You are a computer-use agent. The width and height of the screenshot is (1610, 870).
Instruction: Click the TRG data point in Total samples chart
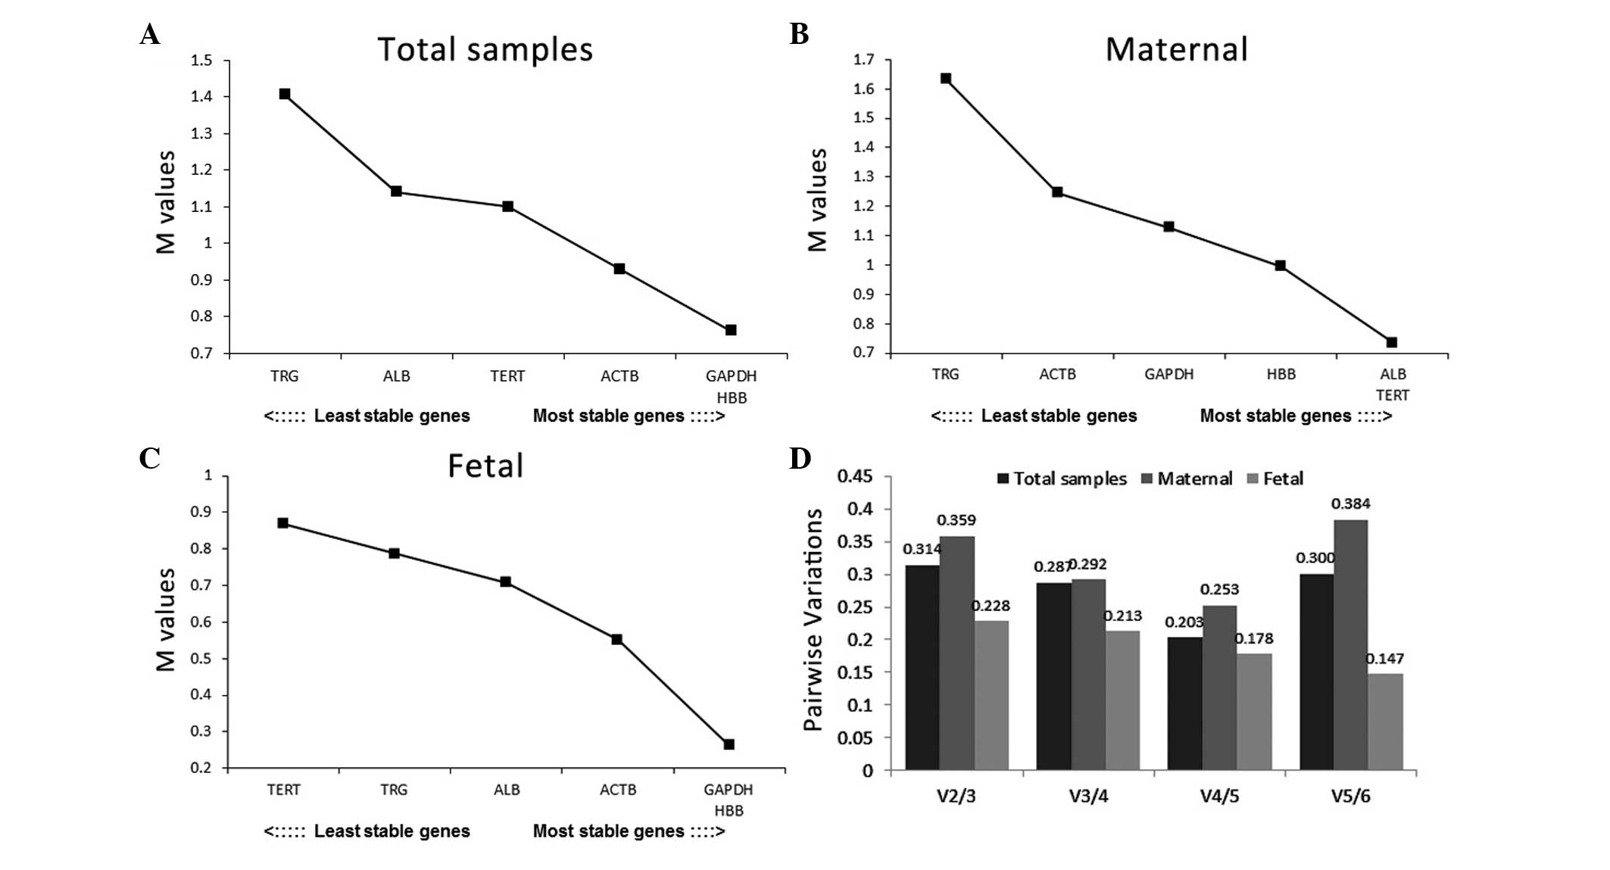pyautogui.click(x=285, y=94)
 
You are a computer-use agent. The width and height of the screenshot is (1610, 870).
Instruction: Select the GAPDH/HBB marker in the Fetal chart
pyautogui.click(x=729, y=744)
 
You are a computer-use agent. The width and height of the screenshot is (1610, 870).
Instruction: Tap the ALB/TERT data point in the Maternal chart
pyautogui.click(x=1392, y=342)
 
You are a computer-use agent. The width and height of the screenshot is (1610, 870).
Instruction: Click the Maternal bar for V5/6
pyautogui.click(x=1350, y=644)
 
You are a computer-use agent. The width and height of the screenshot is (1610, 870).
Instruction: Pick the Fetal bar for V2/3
pyautogui.click(x=992, y=695)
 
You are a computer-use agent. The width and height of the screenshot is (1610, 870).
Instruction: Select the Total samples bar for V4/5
pyautogui.click(x=1184, y=703)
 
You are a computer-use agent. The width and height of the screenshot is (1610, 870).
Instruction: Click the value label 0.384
pyautogui.click(x=1350, y=504)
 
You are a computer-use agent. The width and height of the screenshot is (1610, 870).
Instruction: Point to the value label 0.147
pyautogui.click(x=1384, y=659)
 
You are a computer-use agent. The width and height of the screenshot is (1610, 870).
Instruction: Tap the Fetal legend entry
pyautogui.click(x=1275, y=479)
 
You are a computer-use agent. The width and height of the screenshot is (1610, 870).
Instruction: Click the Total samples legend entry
pyautogui.click(x=1062, y=479)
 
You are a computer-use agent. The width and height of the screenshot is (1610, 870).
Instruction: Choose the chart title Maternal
pyautogui.click(x=1176, y=49)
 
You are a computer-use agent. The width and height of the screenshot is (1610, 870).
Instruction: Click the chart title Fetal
pyautogui.click(x=485, y=466)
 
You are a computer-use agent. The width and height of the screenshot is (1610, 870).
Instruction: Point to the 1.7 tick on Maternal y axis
pyautogui.click(x=863, y=59)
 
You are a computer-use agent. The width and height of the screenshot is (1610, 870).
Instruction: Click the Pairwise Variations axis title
pyautogui.click(x=813, y=619)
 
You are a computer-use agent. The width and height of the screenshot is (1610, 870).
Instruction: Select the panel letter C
pyautogui.click(x=149, y=459)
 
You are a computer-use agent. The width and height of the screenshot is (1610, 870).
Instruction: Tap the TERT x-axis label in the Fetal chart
pyautogui.click(x=284, y=790)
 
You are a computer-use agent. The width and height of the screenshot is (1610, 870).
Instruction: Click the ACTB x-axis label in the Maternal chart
pyautogui.click(x=1057, y=374)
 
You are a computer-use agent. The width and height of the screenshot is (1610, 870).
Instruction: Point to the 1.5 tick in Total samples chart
pyautogui.click(x=201, y=61)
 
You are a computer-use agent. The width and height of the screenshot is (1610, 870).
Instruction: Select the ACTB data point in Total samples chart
pyautogui.click(x=619, y=269)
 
